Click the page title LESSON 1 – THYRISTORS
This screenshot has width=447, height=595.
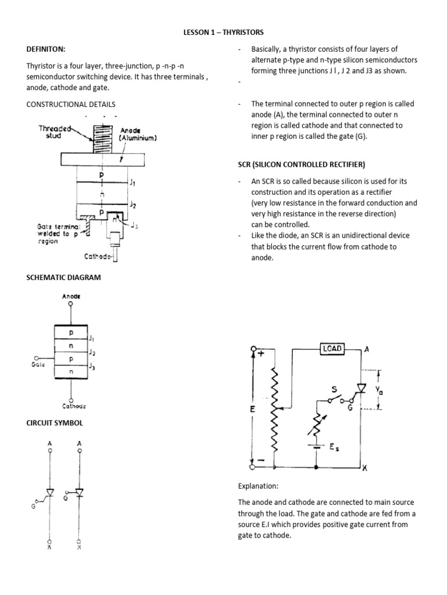tap(223, 31)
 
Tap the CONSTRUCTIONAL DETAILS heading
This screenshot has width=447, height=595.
tap(71, 104)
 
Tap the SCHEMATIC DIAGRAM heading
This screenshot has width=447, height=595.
tap(63, 278)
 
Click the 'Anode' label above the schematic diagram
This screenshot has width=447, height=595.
tap(70, 296)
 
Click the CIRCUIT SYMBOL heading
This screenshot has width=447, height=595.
tap(54, 423)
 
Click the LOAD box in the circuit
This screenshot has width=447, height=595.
tap(333, 349)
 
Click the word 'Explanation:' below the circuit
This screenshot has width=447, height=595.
tap(257, 486)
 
